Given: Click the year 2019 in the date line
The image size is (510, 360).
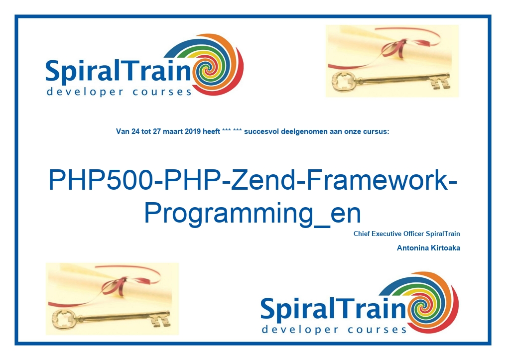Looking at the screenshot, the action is pyautogui.click(x=193, y=131).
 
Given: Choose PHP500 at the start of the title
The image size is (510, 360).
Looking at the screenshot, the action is pyautogui.click(x=101, y=180).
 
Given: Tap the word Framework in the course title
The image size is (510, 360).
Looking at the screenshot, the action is pyautogui.click(x=377, y=180).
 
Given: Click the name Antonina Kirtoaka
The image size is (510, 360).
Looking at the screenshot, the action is pyautogui.click(x=428, y=248).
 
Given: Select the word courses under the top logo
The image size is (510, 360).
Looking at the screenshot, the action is pyautogui.click(x=162, y=92).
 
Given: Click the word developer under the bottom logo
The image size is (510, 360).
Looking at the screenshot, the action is pyautogui.click(x=300, y=330).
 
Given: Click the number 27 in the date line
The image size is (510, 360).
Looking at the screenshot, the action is pyautogui.click(x=157, y=131).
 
